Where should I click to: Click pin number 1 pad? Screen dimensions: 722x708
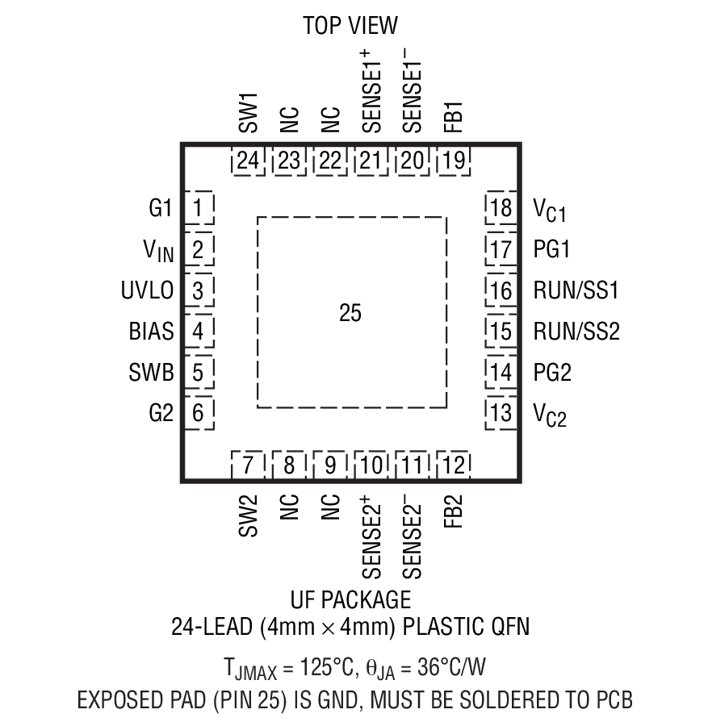point(199,208)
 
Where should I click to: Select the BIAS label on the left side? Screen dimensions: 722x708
point(151,332)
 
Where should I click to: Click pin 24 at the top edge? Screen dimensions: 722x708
point(249,161)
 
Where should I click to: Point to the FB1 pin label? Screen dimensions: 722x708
point(454,117)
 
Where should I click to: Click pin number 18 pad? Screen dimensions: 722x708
point(501,208)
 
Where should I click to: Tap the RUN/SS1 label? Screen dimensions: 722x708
point(576,290)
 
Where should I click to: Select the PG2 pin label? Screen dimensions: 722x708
point(552,373)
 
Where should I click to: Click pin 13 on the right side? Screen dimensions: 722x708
point(501,414)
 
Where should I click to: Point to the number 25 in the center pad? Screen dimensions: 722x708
point(350,314)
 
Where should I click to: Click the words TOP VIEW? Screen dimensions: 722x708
point(350,25)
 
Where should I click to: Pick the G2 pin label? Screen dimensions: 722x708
point(161,414)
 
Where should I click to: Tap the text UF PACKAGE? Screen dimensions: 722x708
point(350,600)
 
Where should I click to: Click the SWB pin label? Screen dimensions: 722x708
point(151,373)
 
